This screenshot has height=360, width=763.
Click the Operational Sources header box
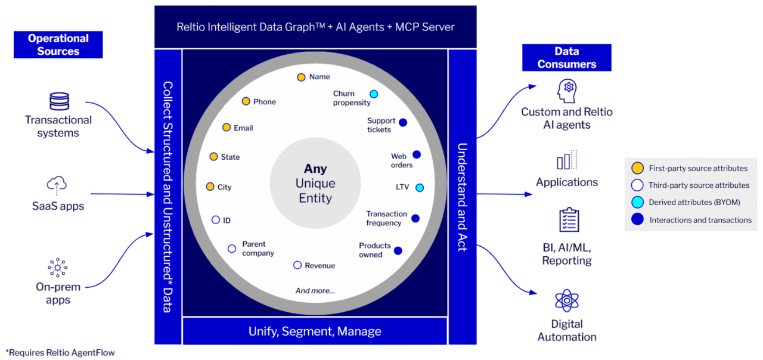click(58, 45)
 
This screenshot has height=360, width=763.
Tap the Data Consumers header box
click(566, 58)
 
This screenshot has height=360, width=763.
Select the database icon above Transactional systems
click(58, 101)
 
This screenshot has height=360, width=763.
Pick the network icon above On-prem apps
click(58, 268)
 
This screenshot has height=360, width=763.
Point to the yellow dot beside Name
click(301, 77)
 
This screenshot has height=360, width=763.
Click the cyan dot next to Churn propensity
click(374, 94)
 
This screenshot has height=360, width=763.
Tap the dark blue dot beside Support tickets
click(403, 122)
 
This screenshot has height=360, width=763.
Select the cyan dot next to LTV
click(420, 187)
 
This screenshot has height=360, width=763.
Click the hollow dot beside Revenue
click(297, 265)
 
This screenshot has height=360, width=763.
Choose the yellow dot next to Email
click(227, 128)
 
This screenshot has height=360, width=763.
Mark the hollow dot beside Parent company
click(232, 249)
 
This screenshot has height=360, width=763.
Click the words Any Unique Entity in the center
click(315, 184)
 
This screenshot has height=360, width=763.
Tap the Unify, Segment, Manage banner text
click(315, 331)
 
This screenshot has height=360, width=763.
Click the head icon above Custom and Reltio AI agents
click(566, 91)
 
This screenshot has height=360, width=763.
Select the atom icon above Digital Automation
click(566, 301)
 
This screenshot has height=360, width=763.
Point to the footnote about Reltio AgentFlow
click(60, 353)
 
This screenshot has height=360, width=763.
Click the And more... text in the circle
click(315, 291)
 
